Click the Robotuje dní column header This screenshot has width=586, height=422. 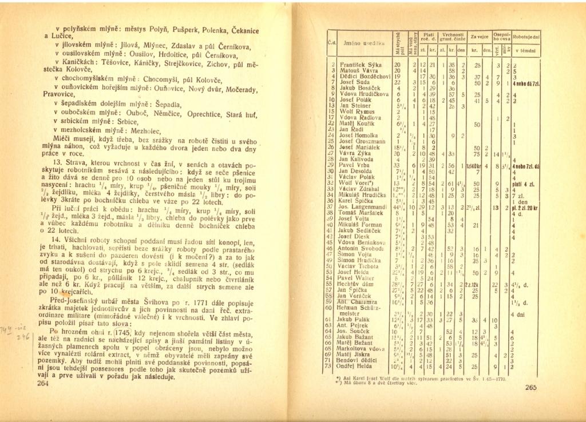[x=526, y=36]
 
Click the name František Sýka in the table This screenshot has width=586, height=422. [x=361, y=65]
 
